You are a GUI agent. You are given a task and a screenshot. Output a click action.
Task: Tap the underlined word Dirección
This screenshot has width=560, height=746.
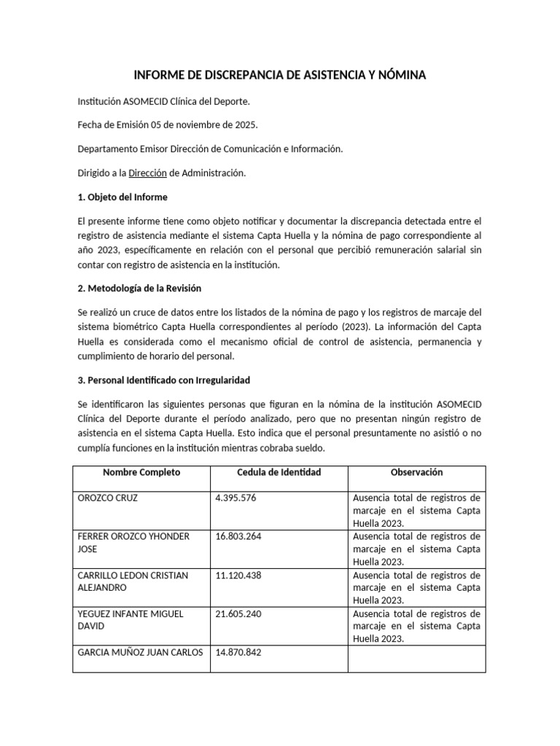point(149,173)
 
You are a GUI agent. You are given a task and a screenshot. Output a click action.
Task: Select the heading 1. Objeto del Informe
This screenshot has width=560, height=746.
point(122,197)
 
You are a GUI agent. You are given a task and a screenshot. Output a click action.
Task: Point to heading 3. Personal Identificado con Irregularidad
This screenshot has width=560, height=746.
point(168,380)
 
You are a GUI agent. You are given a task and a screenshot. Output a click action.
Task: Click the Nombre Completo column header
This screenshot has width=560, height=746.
point(141,472)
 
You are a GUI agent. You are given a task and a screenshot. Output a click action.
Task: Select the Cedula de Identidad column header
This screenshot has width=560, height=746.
point(279,472)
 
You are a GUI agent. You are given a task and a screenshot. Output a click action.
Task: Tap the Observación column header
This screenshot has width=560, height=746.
point(416,472)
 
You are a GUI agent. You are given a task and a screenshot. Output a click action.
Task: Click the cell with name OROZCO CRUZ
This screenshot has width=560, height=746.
point(108,498)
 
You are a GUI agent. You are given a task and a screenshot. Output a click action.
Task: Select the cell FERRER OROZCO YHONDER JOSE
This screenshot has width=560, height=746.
point(133,543)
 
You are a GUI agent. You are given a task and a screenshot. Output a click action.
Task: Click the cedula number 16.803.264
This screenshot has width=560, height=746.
point(238,536)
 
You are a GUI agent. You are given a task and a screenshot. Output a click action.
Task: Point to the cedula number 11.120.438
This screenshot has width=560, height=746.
point(238,575)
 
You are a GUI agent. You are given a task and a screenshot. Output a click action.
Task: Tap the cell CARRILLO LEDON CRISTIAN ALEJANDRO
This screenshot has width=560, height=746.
point(133,581)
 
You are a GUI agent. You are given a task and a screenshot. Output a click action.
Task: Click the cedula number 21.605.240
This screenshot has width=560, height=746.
point(238,613)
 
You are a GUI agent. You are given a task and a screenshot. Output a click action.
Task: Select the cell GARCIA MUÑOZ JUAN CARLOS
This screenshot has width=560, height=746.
point(140,652)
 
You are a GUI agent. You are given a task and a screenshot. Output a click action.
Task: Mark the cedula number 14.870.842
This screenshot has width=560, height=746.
point(238,652)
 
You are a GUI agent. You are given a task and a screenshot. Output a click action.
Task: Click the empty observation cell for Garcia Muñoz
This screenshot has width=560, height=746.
point(416,659)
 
